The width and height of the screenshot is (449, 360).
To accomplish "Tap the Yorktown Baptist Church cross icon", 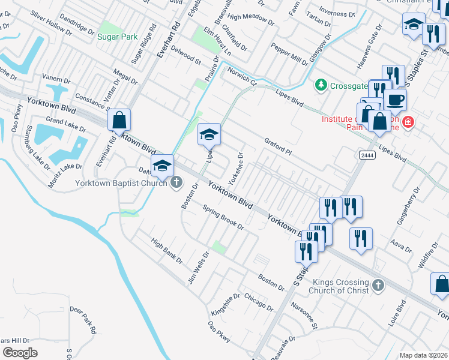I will (176, 182).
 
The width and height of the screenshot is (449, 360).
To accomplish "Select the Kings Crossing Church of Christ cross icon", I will (378, 286).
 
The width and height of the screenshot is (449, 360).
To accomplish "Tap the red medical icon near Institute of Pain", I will (408, 122).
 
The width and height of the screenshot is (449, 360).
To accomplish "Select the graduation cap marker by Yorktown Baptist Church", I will (162, 166).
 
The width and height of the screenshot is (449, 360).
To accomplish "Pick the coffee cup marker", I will (396, 100).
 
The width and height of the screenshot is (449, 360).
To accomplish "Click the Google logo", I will (20, 353).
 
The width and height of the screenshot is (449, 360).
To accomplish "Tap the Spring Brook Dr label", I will (223, 218).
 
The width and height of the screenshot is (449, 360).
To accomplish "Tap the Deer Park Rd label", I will (83, 320).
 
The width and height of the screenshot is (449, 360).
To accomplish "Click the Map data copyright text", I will (423, 355).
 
